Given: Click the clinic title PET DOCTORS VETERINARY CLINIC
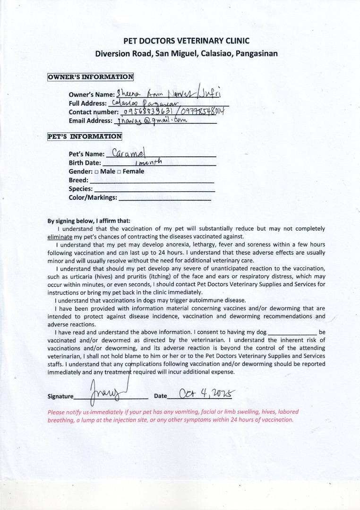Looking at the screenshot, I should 186,41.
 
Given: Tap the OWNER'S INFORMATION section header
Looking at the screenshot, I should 90,76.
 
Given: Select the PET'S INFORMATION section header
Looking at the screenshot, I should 85,137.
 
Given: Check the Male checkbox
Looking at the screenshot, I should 96,171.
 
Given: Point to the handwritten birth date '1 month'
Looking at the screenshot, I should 146,162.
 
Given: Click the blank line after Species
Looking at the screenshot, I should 154,190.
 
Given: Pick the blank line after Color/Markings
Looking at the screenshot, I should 164,199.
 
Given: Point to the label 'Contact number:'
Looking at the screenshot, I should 94,112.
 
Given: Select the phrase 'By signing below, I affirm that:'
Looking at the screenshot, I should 89,221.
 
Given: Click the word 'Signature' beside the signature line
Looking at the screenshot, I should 60,397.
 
